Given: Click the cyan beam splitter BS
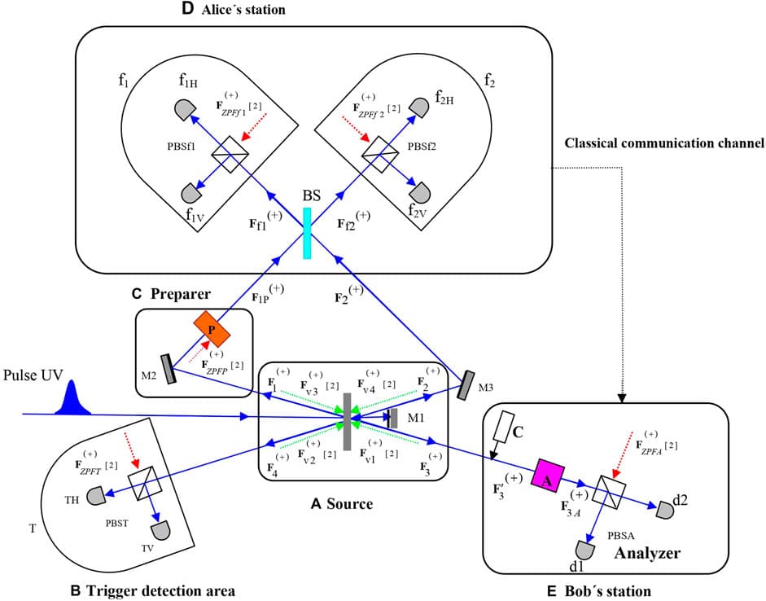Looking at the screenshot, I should tap(307, 233).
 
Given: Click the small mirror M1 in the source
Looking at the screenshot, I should tap(392, 419).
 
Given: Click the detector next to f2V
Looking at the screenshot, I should tap(420, 192).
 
